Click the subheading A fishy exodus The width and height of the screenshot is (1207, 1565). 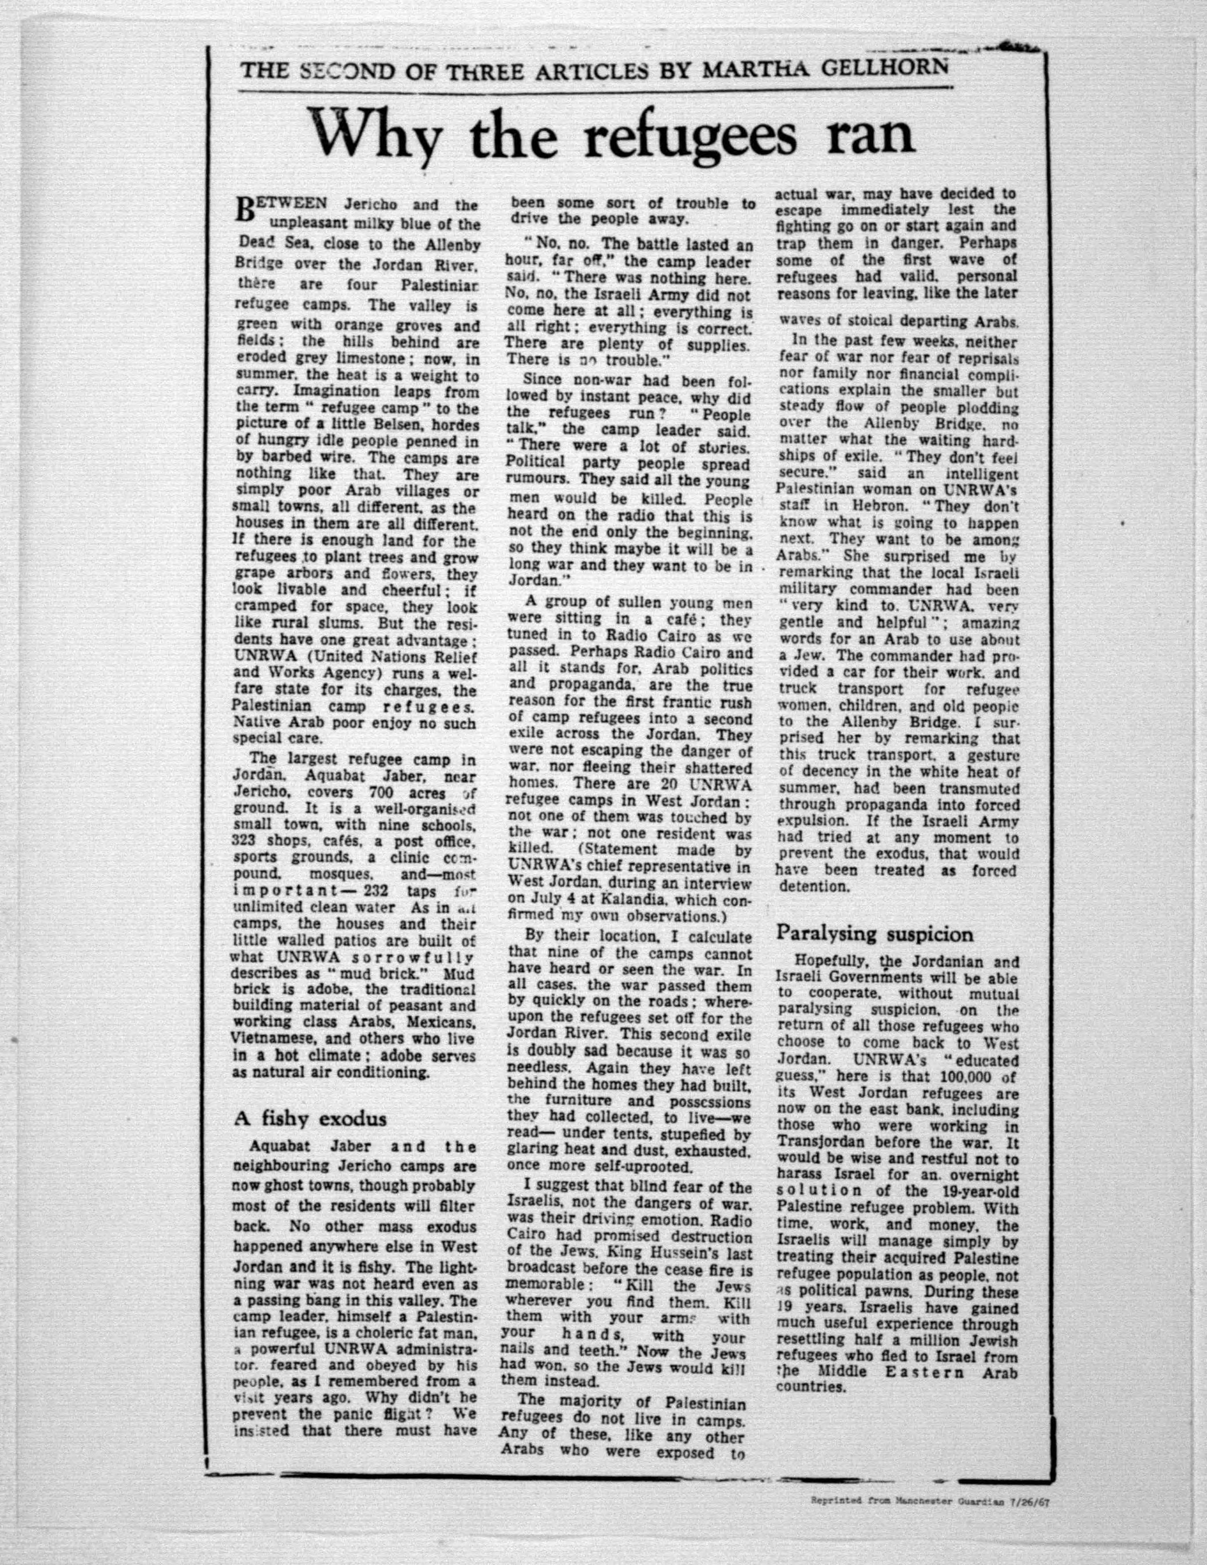(310, 1119)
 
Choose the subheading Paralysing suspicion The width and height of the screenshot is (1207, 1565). (875, 934)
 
